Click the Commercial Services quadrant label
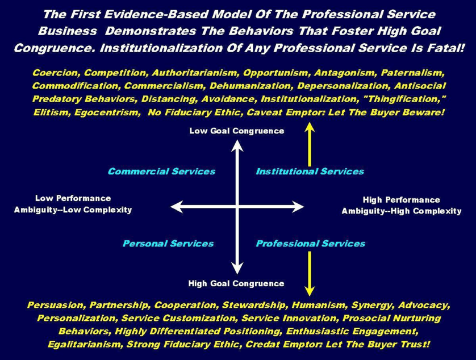coord(161,171)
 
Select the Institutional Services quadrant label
coord(310,171)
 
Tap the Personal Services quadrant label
coord(168,244)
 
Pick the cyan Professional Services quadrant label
coord(310,244)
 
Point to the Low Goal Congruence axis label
coord(236,131)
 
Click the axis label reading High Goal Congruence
coord(236,283)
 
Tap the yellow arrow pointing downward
coord(310,273)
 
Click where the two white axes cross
coord(237,207)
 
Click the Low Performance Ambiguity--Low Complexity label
coord(73,204)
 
